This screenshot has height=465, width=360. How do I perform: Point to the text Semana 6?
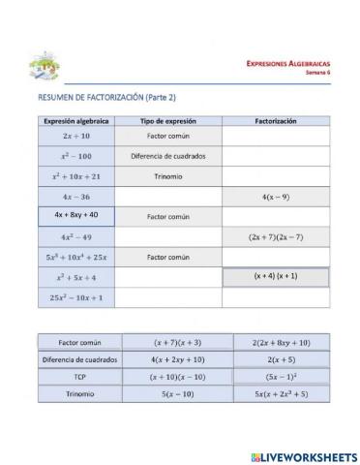pyautogui.click(x=317, y=72)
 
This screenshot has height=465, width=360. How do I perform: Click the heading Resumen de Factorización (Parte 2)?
pyautogui.click(x=106, y=98)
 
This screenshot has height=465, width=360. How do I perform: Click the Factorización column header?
pyautogui.click(x=276, y=121)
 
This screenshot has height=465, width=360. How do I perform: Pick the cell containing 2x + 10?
pyautogui.click(x=76, y=138)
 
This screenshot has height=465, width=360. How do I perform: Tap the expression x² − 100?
pyautogui.click(x=76, y=156)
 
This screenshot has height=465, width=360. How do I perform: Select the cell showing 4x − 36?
pyautogui.click(x=76, y=197)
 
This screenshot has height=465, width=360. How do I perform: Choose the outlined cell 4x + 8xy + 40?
pyautogui.click(x=76, y=215)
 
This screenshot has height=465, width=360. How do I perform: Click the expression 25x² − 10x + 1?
pyautogui.click(x=76, y=297)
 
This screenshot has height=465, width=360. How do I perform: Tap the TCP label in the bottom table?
pyautogui.click(x=80, y=377)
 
